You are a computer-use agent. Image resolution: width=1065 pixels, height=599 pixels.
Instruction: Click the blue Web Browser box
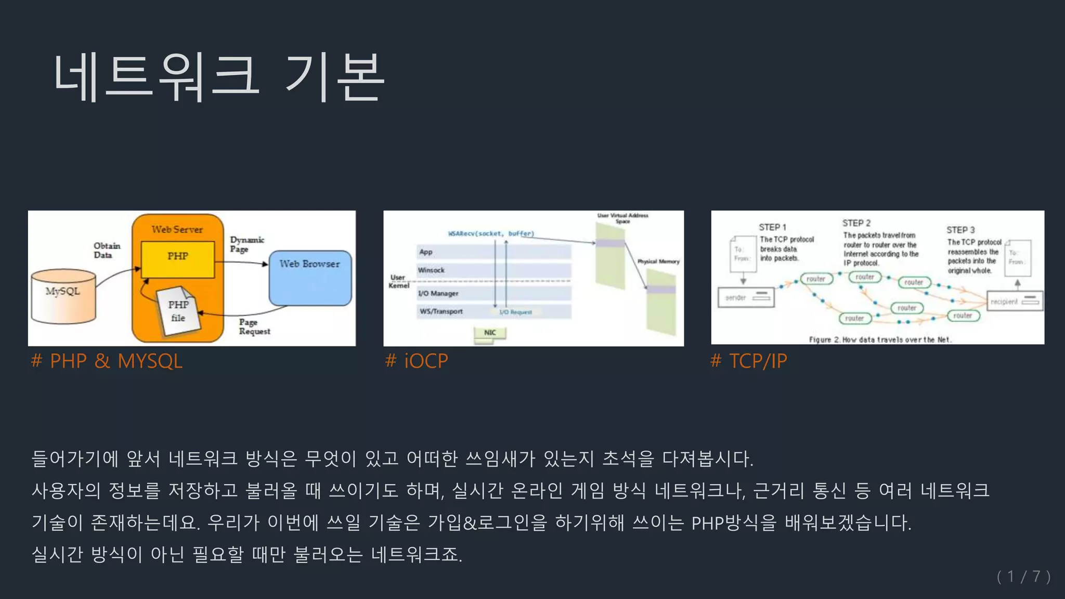310,278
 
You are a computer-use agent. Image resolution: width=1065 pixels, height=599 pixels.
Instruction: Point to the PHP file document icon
178,310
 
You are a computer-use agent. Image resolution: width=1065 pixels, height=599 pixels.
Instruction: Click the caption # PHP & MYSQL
107,361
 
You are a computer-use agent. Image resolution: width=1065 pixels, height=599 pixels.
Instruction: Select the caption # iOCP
417,361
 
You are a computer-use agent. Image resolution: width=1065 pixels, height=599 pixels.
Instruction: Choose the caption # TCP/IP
749,361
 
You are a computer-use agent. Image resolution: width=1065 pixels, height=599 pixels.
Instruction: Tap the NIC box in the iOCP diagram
490,333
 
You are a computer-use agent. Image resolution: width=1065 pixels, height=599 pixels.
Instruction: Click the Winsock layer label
432,270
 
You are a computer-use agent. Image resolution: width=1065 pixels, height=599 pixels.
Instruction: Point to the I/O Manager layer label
438,293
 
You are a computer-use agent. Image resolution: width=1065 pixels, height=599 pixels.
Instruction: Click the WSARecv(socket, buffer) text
491,234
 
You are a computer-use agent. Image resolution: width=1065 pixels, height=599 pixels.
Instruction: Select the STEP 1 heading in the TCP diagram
772,227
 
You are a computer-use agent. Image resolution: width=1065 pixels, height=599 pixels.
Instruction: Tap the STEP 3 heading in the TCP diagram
960,230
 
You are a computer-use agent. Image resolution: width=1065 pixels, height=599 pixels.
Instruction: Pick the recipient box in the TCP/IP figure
1015,301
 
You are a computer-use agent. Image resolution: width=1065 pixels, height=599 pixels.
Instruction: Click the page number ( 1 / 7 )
1023,577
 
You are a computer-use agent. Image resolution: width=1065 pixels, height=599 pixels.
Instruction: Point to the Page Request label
254,327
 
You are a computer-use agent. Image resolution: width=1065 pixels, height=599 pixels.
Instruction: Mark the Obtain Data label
107,250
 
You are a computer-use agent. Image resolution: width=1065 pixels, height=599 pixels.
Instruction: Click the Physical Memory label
658,262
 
